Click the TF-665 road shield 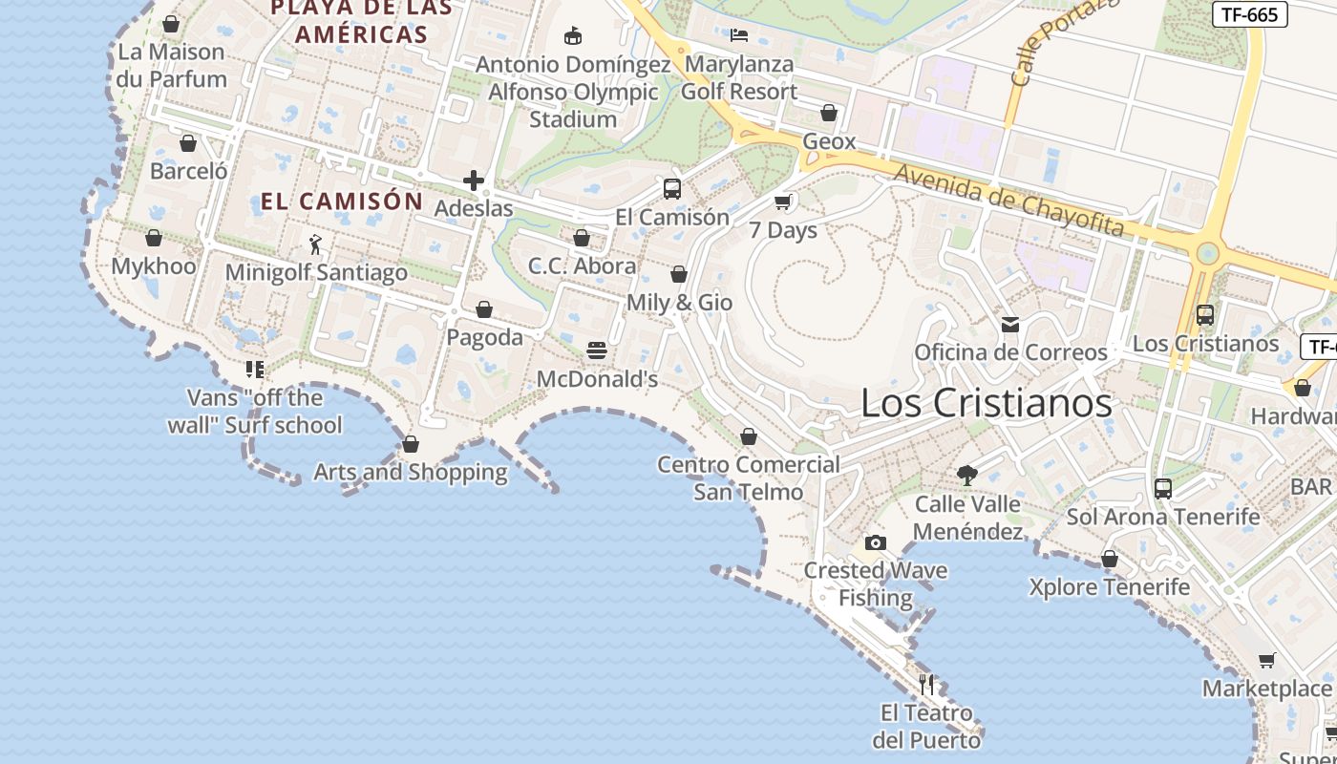pos(1249,14)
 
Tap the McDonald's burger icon pos(597,350)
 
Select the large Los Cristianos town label pos(987,402)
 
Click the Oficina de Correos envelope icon pos(1010,325)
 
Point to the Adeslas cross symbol pos(474,180)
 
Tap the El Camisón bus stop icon pos(672,188)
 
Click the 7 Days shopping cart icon pos(783,202)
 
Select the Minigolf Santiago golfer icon pos(316,244)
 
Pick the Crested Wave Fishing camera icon pos(876,542)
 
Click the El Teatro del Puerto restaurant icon pos(926,684)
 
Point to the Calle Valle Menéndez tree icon pos(967,475)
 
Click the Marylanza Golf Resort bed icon pos(738,36)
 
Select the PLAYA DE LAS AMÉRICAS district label pos(361,22)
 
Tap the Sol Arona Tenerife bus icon pos(1163,488)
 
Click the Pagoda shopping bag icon pos(484,309)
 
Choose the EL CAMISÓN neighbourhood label pos(341,202)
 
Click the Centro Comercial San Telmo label pos(749,478)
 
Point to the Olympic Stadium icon pos(573,36)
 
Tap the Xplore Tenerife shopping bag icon pos(1110,559)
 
